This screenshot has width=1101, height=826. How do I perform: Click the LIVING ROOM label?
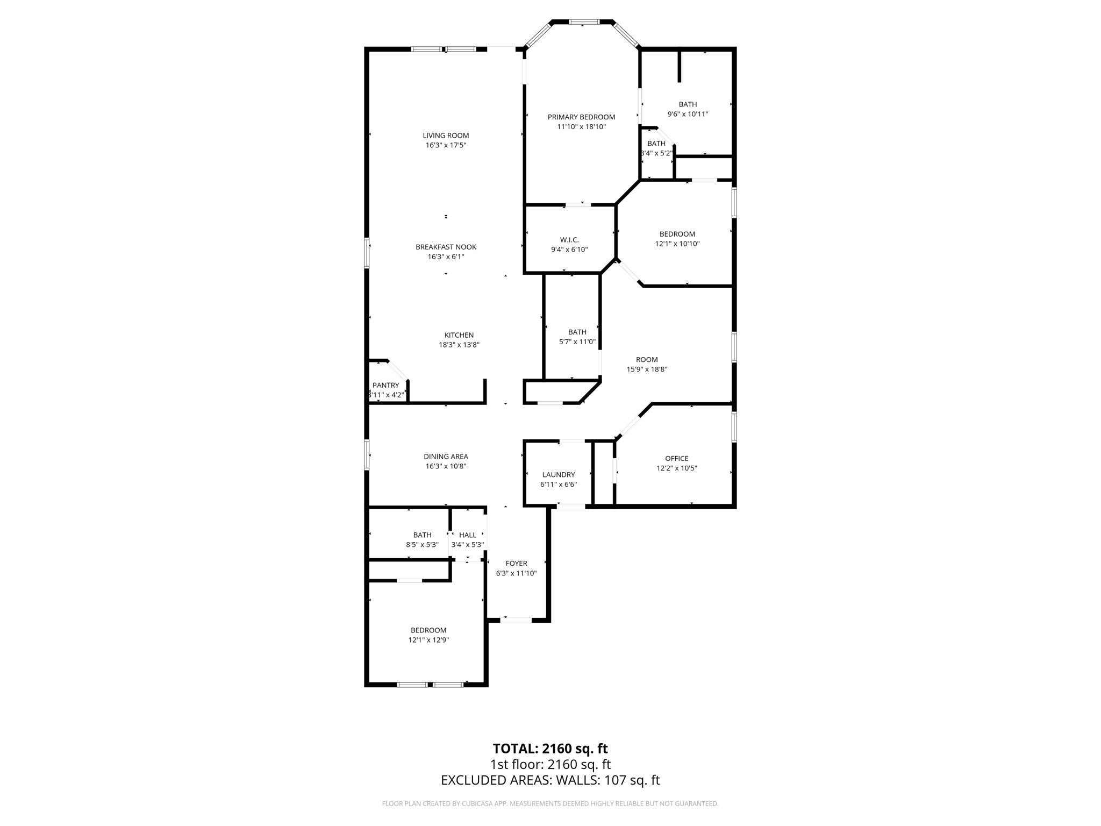(x=446, y=136)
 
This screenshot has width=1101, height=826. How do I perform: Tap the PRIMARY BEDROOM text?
(x=581, y=117)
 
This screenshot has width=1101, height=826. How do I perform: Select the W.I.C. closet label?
(x=569, y=240)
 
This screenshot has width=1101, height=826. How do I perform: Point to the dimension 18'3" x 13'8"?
(x=459, y=345)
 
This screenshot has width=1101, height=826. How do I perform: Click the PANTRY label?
(x=385, y=385)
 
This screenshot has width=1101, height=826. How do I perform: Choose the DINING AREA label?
(x=446, y=457)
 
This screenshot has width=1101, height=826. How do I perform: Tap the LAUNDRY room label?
(x=559, y=474)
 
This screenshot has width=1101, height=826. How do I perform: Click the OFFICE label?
(x=676, y=458)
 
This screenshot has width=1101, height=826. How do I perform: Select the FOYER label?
(x=516, y=564)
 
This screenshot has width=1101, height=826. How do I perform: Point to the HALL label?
(x=468, y=535)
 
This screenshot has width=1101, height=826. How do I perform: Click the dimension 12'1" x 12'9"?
(x=428, y=640)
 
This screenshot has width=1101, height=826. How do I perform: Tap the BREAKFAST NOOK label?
(x=446, y=247)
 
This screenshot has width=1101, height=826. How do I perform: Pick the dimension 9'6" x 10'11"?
(x=688, y=114)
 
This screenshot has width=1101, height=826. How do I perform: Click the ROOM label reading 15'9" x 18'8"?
(x=647, y=360)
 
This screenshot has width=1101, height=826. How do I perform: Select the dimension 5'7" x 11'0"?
(x=577, y=342)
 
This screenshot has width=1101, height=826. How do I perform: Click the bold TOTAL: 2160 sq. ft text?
(x=550, y=749)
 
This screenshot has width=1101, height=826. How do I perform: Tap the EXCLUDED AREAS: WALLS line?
(x=550, y=780)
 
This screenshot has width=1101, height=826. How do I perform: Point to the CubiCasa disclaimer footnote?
(x=550, y=804)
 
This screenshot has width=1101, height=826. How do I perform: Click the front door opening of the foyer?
(x=516, y=620)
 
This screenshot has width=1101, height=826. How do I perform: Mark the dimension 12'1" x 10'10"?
(x=677, y=244)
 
